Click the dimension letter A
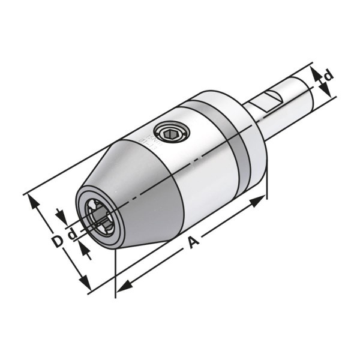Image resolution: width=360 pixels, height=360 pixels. click(x=194, y=243)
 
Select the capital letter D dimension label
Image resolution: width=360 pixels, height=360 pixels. click(x=57, y=241)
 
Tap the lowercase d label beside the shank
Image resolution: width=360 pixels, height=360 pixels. click(x=328, y=76)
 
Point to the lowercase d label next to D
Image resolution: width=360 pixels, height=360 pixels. click(x=73, y=234)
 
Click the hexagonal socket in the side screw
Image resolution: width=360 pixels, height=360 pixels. click(x=170, y=133)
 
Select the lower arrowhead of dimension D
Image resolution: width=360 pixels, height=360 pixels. click(x=85, y=282)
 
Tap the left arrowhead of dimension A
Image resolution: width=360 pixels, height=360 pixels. click(x=124, y=286)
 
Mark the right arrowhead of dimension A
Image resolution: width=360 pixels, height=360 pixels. click(x=257, y=200)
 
